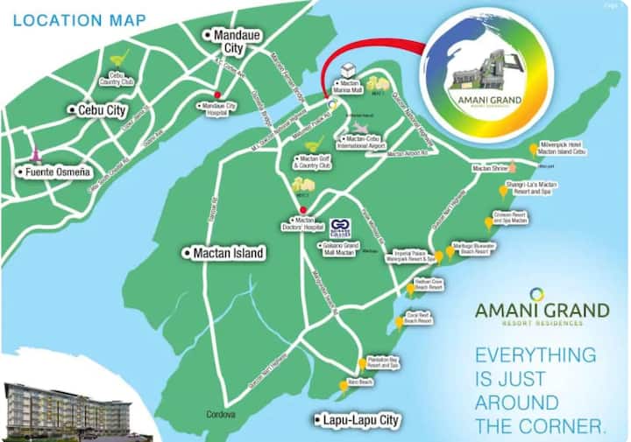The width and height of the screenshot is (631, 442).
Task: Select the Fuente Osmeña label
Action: (54, 172)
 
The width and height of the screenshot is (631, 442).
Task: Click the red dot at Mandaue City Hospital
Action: (216, 95)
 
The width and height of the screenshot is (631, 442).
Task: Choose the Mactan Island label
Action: (224, 253)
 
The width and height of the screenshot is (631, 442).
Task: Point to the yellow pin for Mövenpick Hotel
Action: (534, 150)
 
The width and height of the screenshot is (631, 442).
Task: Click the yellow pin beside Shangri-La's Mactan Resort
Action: (503, 190)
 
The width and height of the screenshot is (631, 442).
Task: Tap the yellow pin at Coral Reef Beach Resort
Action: (400, 321)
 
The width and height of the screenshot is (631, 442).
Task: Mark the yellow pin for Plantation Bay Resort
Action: (362, 364)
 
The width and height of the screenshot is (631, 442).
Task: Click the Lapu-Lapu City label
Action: (360, 420)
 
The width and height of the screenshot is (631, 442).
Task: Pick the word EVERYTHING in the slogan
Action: (535, 355)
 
